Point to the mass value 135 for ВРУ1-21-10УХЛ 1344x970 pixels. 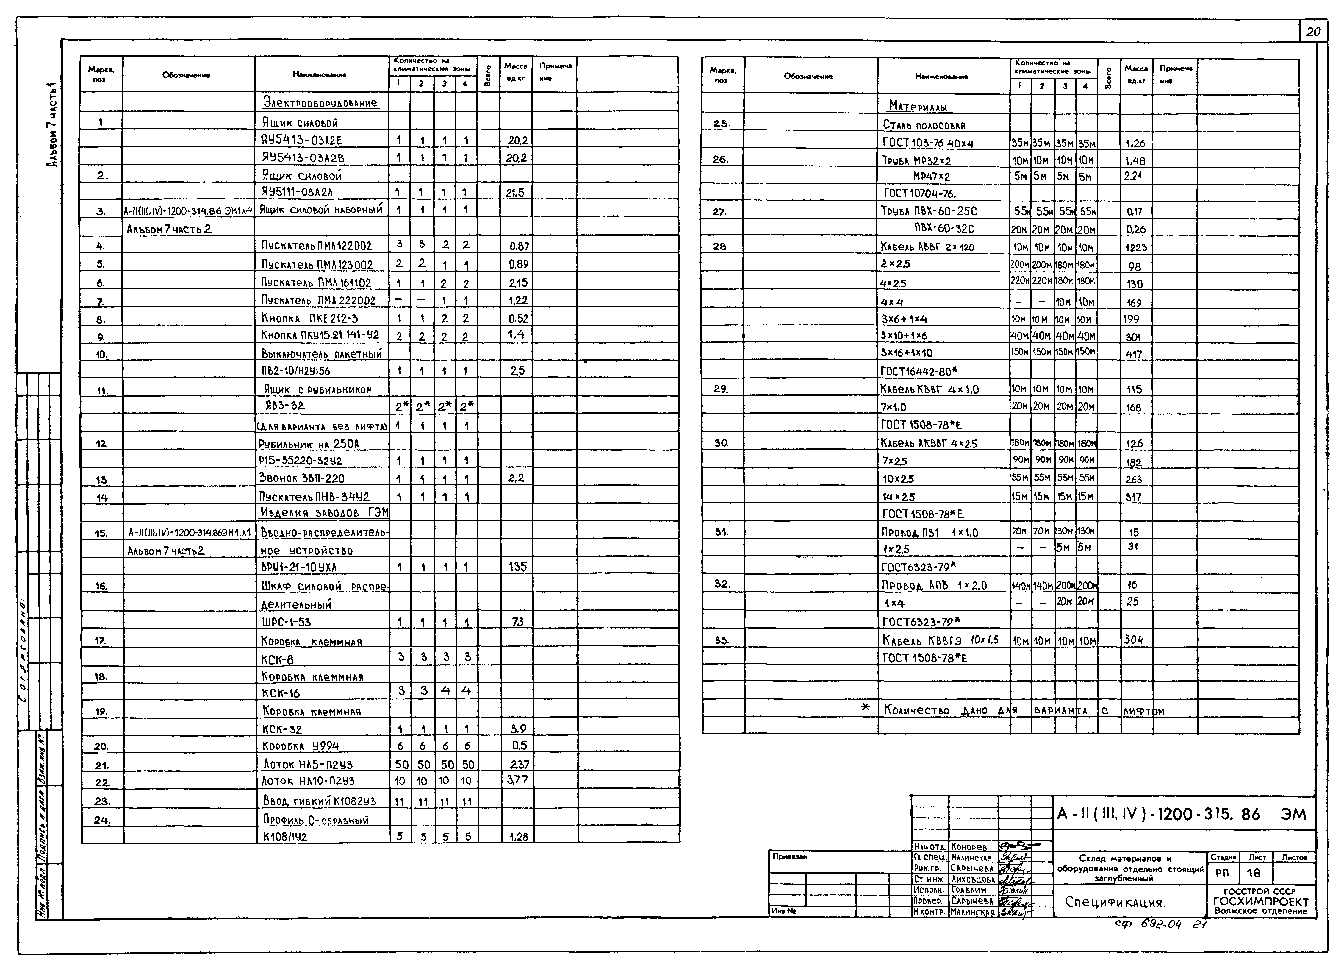[x=517, y=567]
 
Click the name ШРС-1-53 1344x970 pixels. [x=286, y=622]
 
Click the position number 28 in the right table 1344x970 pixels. [x=719, y=246]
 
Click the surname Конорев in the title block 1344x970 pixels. [x=969, y=847]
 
